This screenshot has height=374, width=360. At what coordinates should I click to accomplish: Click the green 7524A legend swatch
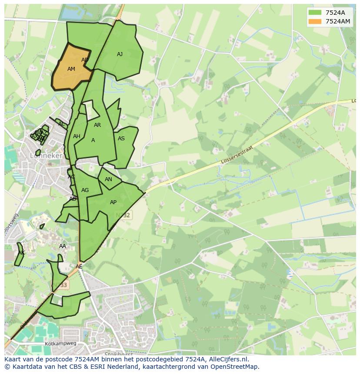314,12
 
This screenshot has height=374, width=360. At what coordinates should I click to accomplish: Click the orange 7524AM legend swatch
314,21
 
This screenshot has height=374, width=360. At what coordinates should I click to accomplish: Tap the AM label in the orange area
71,69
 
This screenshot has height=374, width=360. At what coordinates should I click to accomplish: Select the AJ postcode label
120,54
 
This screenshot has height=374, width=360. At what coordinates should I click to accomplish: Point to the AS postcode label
121,139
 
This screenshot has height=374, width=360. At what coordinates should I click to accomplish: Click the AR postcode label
97,125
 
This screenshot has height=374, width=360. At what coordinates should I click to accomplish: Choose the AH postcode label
77,136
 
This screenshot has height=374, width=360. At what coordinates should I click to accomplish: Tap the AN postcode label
108,179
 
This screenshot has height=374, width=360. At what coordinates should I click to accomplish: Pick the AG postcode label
85,190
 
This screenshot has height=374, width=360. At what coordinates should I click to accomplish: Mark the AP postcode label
113,202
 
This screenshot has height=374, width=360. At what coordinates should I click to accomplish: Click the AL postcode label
61,124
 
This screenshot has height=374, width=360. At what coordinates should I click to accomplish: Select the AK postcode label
21,253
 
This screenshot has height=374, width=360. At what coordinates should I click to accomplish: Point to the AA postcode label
63,246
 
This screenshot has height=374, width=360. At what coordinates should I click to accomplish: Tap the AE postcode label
79,267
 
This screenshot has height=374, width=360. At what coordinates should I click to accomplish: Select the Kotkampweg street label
60,343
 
